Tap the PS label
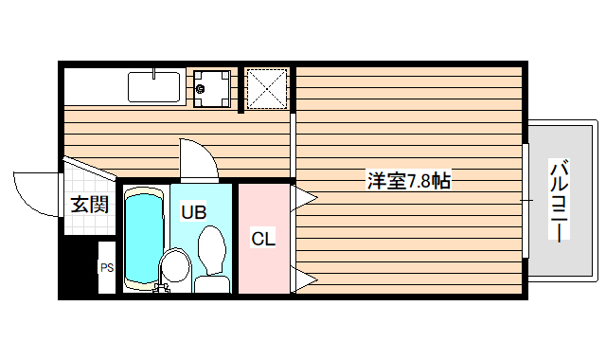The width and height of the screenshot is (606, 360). pos(107,268)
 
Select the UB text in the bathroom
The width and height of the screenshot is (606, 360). pos(194,212)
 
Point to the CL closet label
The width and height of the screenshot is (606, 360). pos(263,240)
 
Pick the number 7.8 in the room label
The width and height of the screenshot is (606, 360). pos(418,180)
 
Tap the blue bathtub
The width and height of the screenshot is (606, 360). pos(144,240)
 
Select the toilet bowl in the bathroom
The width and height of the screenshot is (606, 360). pos(210,252)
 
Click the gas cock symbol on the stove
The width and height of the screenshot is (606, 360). pos(200,91)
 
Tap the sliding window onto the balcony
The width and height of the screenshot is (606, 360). pos(524,201)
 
